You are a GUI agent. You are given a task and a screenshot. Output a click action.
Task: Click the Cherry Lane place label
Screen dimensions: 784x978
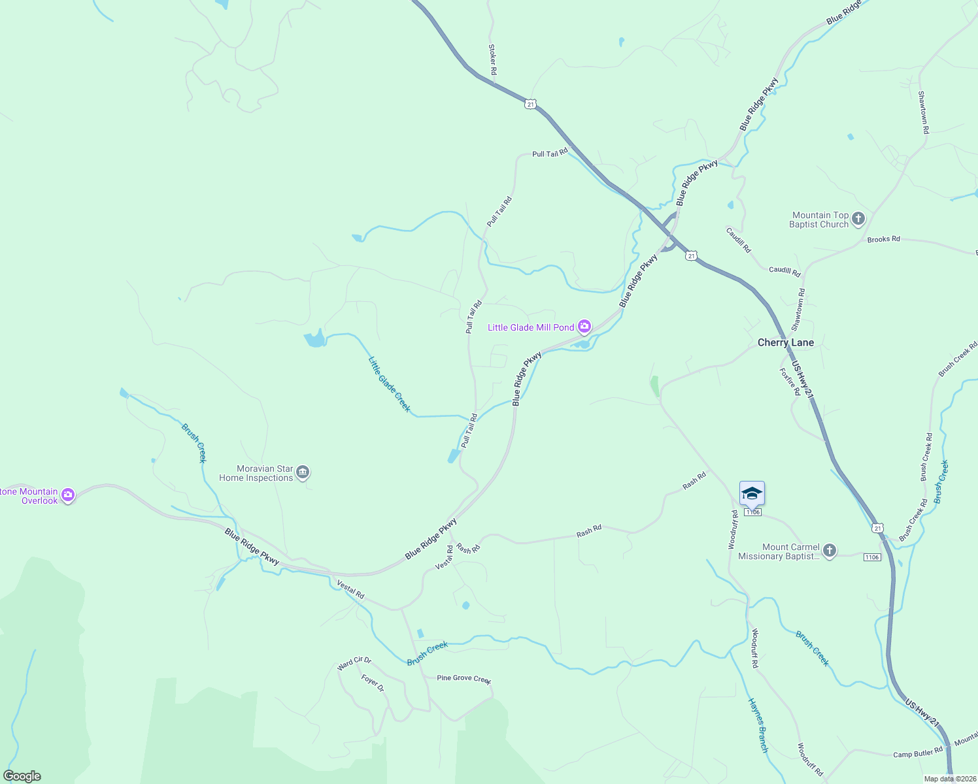tap(785, 342)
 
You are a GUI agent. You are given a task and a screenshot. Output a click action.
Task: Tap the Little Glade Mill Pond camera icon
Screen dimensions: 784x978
tap(584, 327)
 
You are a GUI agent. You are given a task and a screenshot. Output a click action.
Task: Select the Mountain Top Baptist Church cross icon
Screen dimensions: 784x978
tap(858, 219)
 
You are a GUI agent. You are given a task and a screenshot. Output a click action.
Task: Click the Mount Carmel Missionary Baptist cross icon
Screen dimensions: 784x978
tap(829, 551)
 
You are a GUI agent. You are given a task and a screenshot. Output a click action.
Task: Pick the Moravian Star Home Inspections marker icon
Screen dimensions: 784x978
tap(302, 472)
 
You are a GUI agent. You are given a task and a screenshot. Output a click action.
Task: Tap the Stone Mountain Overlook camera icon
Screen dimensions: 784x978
tap(68, 496)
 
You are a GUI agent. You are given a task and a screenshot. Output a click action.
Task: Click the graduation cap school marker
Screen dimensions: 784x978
tap(752, 494)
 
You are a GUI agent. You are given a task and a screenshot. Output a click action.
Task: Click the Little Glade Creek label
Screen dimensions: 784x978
tap(390, 384)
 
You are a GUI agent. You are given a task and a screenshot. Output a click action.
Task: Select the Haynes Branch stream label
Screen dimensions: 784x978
tap(758, 725)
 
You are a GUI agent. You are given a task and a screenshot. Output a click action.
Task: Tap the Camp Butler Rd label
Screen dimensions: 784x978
tap(918, 753)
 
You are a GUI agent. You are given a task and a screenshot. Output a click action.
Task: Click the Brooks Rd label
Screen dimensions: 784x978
tap(883, 239)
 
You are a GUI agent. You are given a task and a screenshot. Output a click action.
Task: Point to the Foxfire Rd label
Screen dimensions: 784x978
tap(790, 382)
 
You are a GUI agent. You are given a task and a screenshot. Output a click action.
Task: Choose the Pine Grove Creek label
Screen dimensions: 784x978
tap(464, 678)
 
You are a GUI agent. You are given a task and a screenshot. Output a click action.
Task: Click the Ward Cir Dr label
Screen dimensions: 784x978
tap(354, 664)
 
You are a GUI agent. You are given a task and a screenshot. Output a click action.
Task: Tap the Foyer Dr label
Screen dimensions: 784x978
tap(373, 683)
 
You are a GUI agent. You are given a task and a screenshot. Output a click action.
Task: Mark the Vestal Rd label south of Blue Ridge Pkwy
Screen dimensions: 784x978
tap(350, 590)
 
